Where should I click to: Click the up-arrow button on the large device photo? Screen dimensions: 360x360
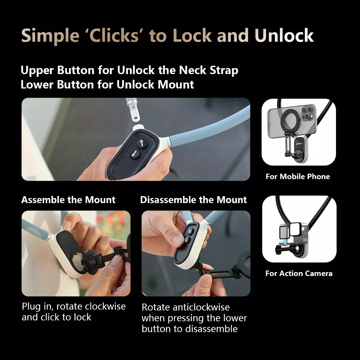[x=142, y=143]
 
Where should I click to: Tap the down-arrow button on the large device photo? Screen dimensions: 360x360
[x=135, y=154]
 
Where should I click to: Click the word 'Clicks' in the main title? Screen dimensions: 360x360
[x=114, y=35]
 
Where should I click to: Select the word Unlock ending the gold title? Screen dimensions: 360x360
[x=284, y=35]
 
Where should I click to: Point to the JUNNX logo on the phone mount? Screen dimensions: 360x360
[x=299, y=144]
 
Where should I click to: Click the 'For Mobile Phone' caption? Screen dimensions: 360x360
[x=298, y=176]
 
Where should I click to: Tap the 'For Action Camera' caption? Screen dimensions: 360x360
[x=299, y=274]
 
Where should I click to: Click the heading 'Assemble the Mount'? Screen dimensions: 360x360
[x=68, y=200]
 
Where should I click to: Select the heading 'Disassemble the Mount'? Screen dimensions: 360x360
[x=193, y=200]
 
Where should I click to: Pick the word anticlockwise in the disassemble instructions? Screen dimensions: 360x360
[x=201, y=307]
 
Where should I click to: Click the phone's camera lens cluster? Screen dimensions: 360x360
[x=307, y=113]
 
